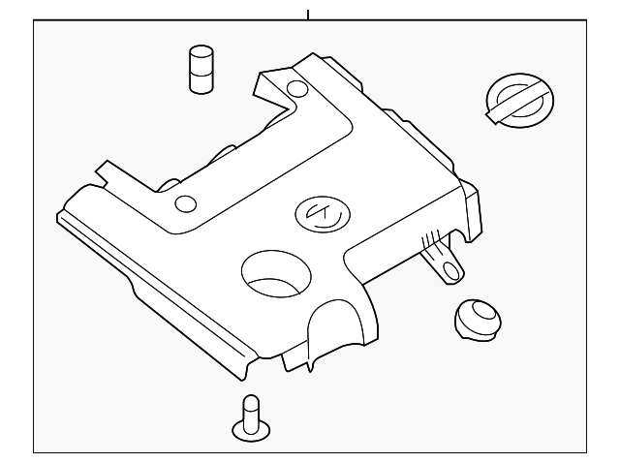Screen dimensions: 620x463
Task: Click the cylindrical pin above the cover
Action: coord(201,70)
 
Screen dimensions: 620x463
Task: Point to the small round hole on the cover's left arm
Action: coord(184,204)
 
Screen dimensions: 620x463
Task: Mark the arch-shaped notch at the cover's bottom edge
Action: coord(325,334)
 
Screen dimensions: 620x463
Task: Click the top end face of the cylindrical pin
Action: coord(201,50)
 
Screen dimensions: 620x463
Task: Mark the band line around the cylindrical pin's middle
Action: coord(201,68)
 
